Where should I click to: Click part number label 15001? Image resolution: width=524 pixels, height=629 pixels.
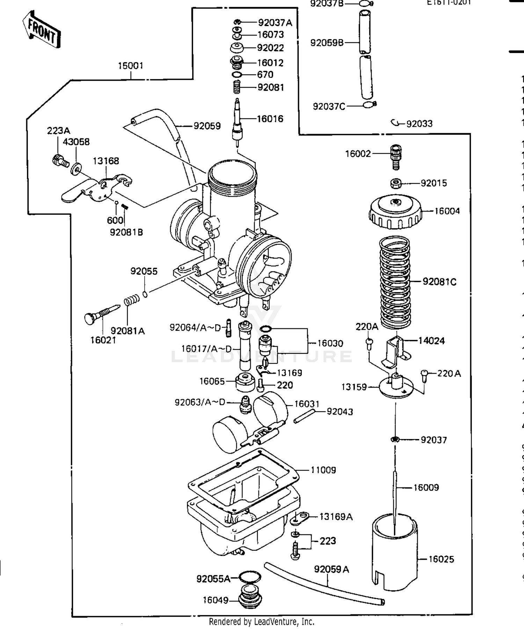click(131, 66)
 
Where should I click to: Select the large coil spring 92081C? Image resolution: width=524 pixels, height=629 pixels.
click(395, 283)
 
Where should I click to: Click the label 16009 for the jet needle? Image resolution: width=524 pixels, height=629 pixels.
click(426, 488)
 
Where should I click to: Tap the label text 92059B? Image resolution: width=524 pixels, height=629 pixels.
click(327, 43)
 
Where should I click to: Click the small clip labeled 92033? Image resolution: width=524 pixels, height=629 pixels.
click(395, 123)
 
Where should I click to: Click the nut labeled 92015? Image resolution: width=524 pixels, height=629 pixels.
click(395, 183)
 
